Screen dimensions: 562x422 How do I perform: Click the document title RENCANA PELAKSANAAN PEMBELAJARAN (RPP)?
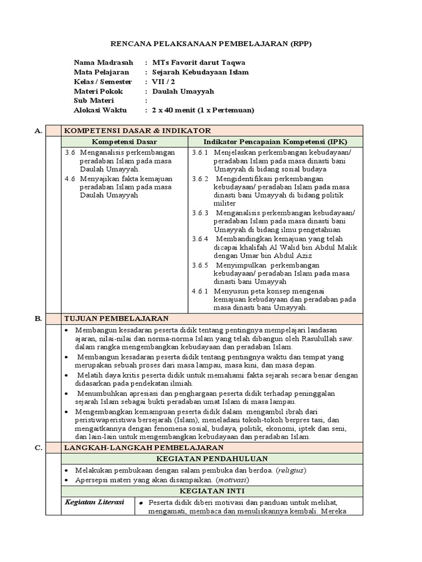tap(211, 44)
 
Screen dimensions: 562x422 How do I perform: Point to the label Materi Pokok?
tap(98, 91)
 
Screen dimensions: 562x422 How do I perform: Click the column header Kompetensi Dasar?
tap(124, 142)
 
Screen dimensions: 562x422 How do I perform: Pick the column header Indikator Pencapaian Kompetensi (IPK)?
tap(273, 142)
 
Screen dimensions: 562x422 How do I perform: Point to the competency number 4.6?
tap(69, 178)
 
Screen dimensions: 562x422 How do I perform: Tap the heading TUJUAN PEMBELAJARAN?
tap(117, 318)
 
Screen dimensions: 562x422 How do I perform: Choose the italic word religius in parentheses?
tap(290, 470)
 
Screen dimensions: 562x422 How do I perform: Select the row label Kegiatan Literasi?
tap(95, 502)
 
